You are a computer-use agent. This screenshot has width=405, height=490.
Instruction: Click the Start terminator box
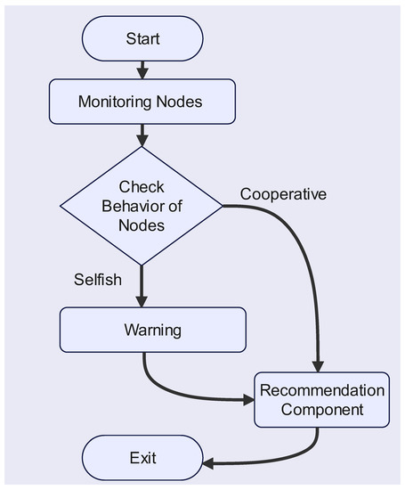142,40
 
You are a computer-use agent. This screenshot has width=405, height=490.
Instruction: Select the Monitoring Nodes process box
141,101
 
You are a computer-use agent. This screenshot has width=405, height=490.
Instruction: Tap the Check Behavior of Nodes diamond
142,206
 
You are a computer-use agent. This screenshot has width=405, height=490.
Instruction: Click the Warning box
152,330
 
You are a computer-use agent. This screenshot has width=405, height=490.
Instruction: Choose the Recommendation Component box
321,400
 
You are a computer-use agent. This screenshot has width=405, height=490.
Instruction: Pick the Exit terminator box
142,459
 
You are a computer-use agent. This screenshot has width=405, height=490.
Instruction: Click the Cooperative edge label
284,194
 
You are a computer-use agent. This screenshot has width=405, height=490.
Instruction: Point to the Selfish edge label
97,280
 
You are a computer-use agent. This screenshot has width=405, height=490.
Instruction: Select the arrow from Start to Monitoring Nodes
142,69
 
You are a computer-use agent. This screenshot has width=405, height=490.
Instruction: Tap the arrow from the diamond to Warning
142,285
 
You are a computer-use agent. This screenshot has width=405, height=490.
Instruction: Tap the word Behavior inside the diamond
142,206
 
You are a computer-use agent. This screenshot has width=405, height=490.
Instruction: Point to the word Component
321,410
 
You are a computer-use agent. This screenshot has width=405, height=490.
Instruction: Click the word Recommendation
321,390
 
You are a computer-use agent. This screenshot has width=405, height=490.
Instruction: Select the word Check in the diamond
142,187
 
